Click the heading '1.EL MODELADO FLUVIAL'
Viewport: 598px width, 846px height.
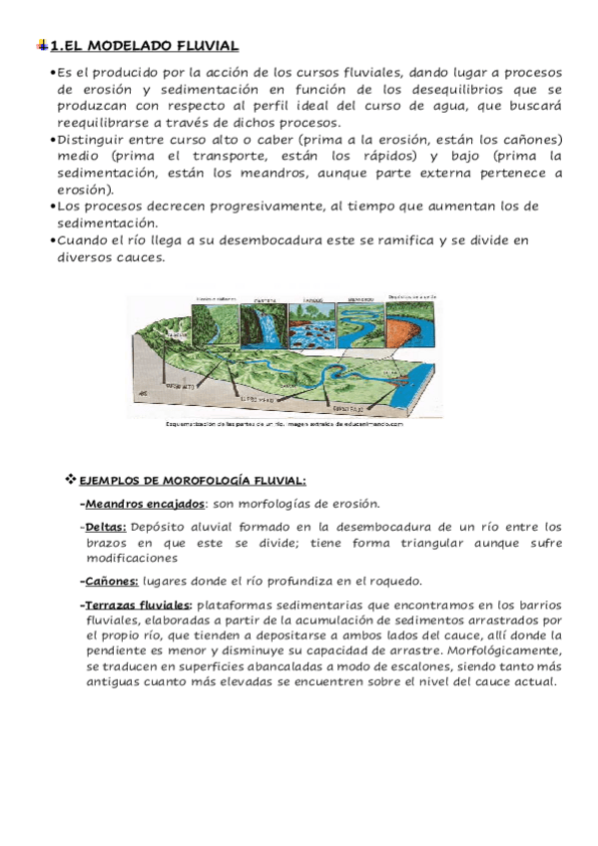145,45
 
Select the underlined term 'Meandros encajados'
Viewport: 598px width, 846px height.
146,504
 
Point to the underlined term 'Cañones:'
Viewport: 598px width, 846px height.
112,581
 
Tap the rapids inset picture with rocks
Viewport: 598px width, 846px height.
312,321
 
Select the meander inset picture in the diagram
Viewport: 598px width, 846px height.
362,320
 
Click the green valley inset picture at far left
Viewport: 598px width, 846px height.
218,321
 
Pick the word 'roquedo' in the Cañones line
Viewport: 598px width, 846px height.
396,581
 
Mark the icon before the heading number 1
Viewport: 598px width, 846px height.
39,45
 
